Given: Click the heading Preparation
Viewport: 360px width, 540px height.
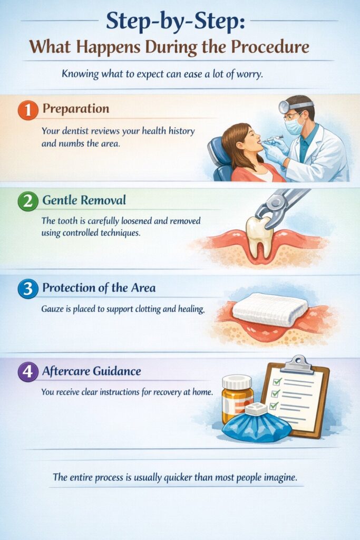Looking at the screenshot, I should (x=75, y=109).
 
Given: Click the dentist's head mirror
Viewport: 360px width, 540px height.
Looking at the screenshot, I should (x=285, y=107).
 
